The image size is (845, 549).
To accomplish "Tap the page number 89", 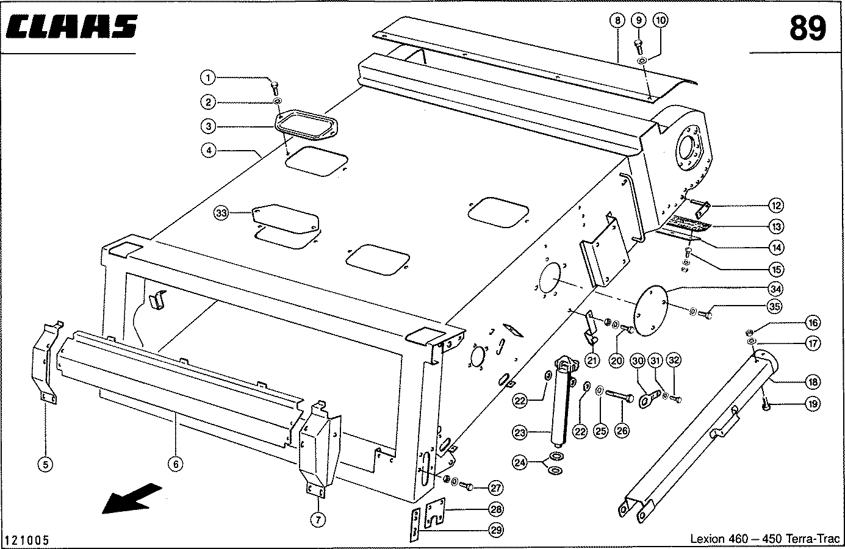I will pyautogui.click(x=807, y=28).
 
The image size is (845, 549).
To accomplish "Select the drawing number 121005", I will pyautogui.click(x=27, y=541).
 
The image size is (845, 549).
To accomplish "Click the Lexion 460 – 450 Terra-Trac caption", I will pyautogui.click(x=764, y=539).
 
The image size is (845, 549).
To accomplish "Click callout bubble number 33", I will pyautogui.click(x=221, y=213).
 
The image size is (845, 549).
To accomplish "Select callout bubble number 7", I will pyautogui.click(x=318, y=520).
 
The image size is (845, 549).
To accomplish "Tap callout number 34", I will pyautogui.click(x=776, y=289).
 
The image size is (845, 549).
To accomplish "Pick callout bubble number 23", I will pyautogui.click(x=519, y=433).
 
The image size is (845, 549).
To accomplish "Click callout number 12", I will pyautogui.click(x=776, y=206).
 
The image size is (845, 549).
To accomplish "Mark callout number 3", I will pyautogui.click(x=209, y=126).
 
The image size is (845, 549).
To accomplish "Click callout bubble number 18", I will pyautogui.click(x=813, y=382).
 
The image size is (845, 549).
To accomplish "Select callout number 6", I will pyautogui.click(x=175, y=464).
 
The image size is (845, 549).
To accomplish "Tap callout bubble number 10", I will pyautogui.click(x=660, y=20).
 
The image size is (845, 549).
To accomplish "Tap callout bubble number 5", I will pyautogui.click(x=45, y=464).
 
